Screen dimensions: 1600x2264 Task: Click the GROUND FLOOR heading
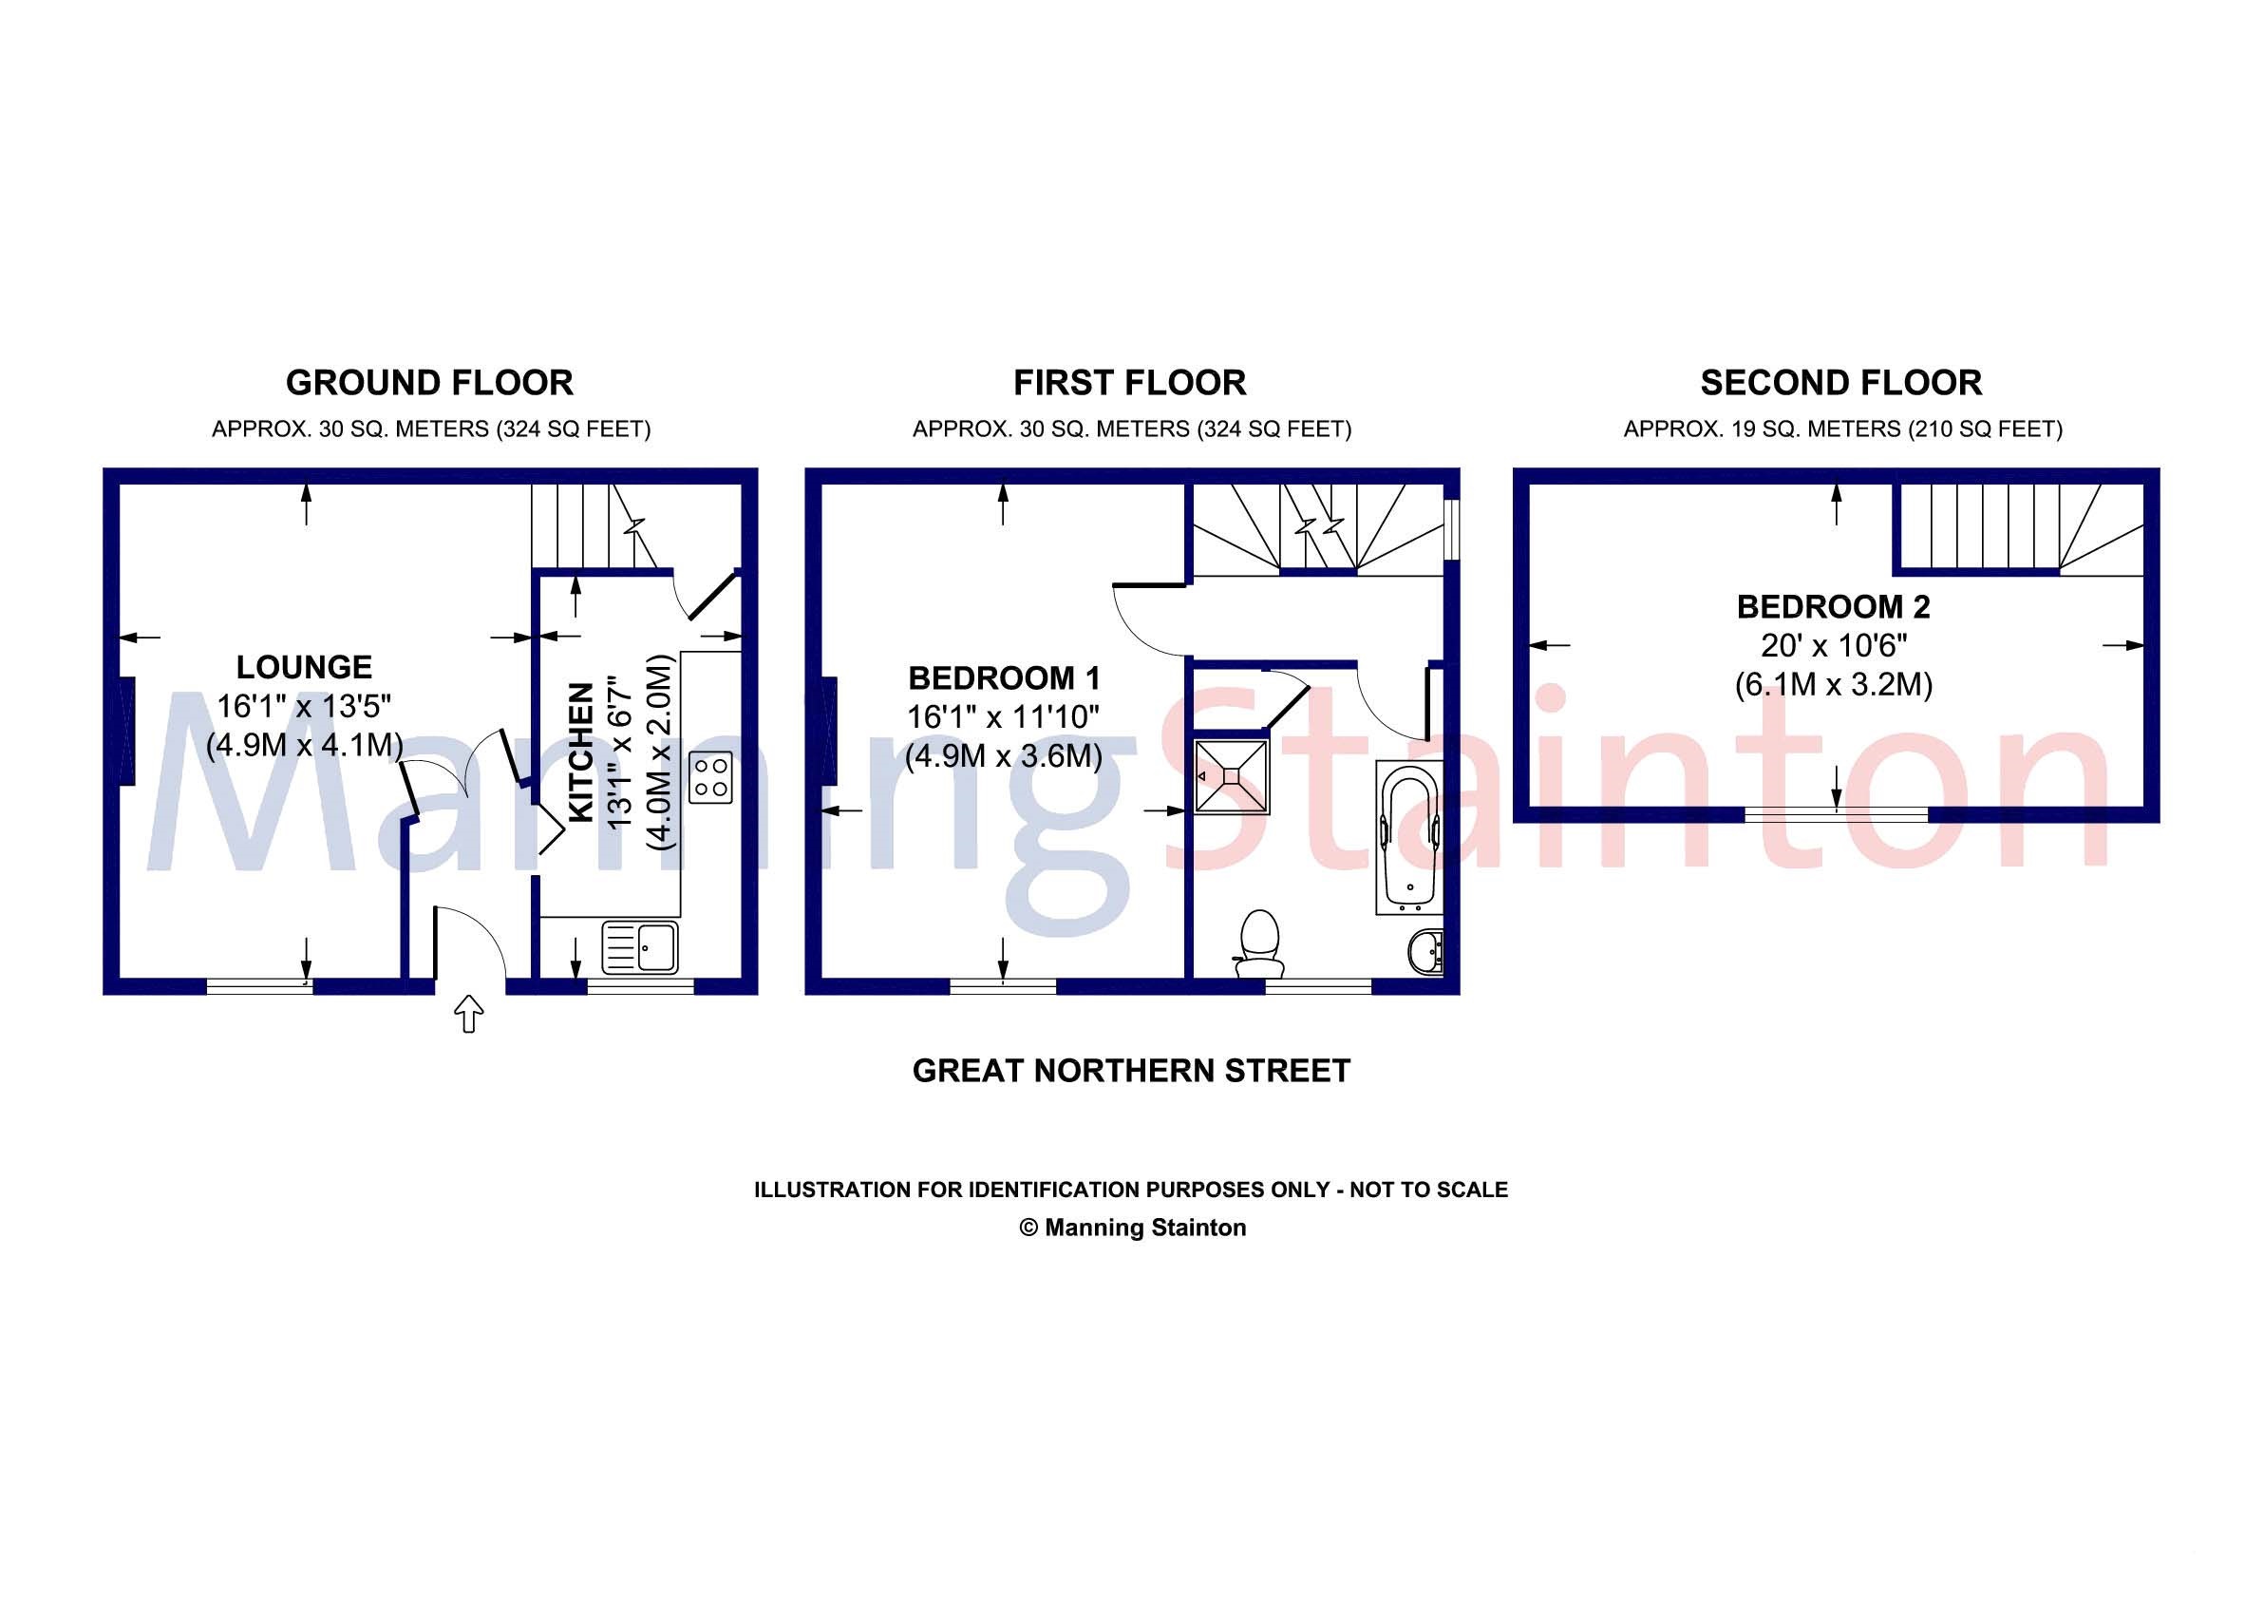point(429,383)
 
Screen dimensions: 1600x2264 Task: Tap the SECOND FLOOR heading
point(1840,383)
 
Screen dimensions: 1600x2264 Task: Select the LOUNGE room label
point(304,667)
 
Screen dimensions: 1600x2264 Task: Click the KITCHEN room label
point(582,752)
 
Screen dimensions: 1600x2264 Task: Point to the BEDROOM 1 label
point(1005,677)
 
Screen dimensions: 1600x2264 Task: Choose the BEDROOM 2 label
point(1833,607)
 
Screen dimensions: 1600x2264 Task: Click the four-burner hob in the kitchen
point(710,775)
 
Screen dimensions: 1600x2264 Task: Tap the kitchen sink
point(640,947)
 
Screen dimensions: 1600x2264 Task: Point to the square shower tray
point(1232,776)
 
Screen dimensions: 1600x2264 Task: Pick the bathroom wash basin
point(1424,951)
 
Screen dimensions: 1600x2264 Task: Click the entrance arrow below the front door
point(468,1013)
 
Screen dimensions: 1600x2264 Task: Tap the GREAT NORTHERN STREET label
point(1131,1072)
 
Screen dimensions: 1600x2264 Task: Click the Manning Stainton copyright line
point(1132,1229)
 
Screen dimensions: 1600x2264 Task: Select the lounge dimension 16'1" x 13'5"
point(304,706)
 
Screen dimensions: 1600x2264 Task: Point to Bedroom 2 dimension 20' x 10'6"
point(1833,646)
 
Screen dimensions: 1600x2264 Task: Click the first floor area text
point(1131,429)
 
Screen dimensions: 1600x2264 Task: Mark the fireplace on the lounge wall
point(126,731)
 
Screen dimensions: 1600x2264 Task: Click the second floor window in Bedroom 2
point(1836,814)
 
